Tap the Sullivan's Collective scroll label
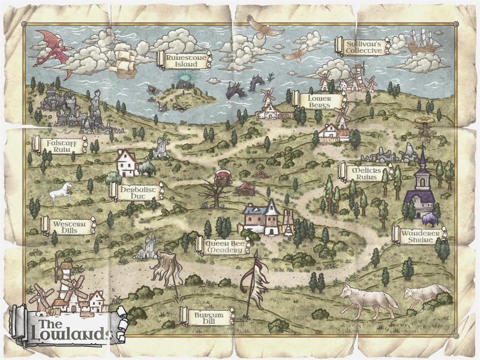364,46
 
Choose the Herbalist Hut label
134,191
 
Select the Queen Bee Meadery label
222,245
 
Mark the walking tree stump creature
166,268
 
